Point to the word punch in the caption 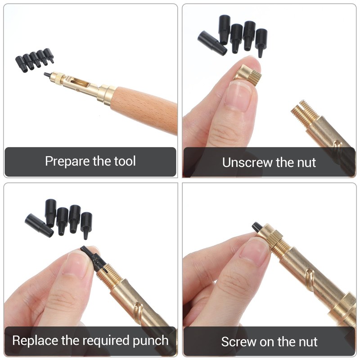click(151, 341)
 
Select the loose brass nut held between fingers click(248, 75)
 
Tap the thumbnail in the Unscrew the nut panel click(239, 96)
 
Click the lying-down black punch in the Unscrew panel click(212, 43)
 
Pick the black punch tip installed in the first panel click(47, 75)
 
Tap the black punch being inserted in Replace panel click(94, 259)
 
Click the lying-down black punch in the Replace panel click(39, 225)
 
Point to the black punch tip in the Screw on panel click(256, 227)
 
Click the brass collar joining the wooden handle click(107, 94)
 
